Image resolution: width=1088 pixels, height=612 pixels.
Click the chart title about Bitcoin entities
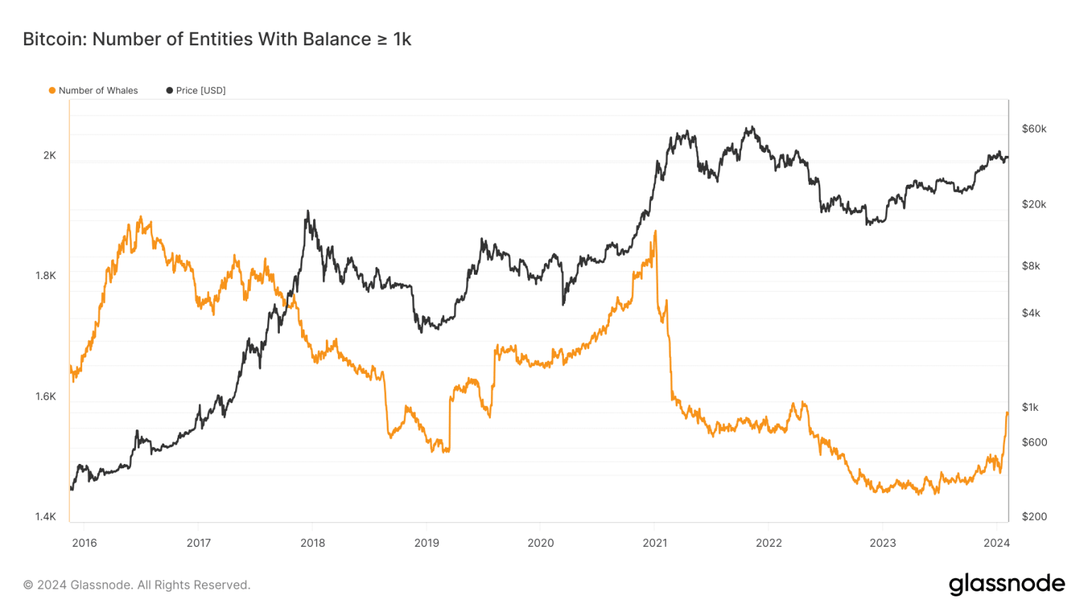tap(217, 39)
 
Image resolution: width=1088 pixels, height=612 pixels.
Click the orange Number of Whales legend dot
tap(52, 91)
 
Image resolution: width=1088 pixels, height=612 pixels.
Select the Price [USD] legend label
tap(200, 91)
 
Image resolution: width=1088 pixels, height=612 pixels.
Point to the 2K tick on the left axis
tap(50, 155)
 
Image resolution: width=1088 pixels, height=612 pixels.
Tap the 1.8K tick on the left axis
tap(46, 276)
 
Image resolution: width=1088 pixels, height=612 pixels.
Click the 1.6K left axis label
tap(46, 397)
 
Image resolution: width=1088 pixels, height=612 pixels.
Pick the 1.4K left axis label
tap(46, 517)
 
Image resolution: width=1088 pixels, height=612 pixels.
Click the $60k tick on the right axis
tap(1033, 129)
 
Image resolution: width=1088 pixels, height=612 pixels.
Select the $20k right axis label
tap(1033, 205)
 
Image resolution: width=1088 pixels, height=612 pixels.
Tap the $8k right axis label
tap(1031, 266)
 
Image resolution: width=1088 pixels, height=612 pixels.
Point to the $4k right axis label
tap(1031, 313)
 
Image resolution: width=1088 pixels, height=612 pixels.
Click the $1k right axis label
tap(1031, 407)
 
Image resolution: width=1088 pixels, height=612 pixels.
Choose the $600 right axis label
tap(1033, 443)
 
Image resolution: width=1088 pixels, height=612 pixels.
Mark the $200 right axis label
tap(1033, 517)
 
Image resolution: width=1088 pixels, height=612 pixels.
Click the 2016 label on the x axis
tap(84, 543)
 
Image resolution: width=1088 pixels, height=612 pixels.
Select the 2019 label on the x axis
tap(426, 543)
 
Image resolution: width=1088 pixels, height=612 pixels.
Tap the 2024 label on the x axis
tap(997, 543)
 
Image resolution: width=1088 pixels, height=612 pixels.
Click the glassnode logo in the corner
tap(1007, 584)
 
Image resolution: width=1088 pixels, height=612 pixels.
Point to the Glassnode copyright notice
tap(137, 585)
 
